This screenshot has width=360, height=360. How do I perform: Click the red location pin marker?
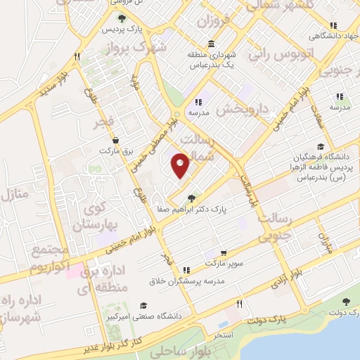point(181,165)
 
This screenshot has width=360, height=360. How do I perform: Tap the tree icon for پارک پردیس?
point(122,20)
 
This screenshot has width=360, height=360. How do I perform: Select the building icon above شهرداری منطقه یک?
point(211,44)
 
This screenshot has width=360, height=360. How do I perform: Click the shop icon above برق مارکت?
point(115,139)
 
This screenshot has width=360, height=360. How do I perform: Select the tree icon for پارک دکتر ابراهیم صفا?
point(192,199)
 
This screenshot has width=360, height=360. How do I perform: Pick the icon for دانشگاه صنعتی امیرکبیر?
point(143,304)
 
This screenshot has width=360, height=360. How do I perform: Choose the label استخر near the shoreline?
point(223,335)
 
